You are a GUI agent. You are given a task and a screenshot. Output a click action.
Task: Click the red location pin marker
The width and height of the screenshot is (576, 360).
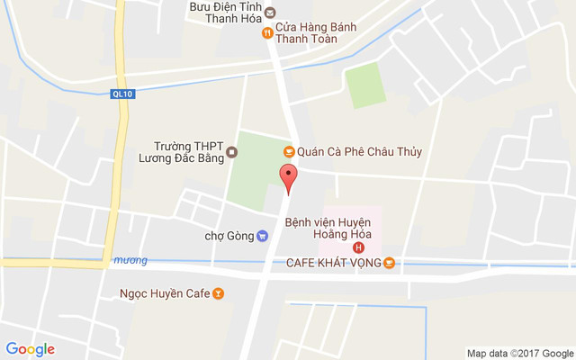pos(287,178)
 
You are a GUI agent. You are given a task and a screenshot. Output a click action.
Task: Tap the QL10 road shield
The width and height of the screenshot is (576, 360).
pos(121,93)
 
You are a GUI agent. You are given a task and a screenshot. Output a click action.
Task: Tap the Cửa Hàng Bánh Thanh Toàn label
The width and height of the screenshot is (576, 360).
pos(315,32)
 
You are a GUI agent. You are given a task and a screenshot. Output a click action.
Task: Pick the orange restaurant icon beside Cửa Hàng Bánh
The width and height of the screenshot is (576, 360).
pos(266,33)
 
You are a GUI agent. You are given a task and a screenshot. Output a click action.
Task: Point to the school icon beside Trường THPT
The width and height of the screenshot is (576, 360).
pos(231,151)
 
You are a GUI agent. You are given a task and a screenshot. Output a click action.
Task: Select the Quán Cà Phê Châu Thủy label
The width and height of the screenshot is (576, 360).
pos(359,152)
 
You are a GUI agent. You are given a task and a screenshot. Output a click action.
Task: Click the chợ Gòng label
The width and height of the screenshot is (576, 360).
pos(229,237)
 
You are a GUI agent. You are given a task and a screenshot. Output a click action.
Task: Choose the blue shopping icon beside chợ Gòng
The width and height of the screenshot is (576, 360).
pos(262,237)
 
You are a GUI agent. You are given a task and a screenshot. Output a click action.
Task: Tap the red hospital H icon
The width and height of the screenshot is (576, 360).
pos(359,247)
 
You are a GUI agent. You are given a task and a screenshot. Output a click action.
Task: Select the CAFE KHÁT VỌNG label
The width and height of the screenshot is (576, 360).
pos(334,263)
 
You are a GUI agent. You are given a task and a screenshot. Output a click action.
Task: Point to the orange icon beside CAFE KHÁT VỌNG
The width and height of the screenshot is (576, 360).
pos(389,263)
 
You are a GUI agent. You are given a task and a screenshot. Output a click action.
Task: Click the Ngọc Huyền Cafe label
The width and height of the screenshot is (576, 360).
pos(164,293)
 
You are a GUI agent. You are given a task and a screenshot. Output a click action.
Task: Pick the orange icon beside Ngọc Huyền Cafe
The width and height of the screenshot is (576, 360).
pos(217,293)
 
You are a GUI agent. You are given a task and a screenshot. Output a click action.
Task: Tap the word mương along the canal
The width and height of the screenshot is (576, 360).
pos(130,261)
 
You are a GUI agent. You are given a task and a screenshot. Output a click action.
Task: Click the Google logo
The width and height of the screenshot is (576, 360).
pos(31,349)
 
